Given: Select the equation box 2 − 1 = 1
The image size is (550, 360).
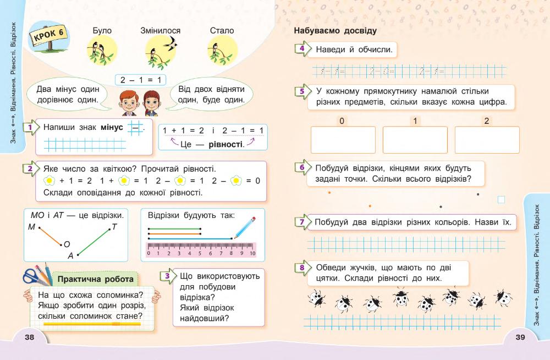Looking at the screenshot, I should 140,80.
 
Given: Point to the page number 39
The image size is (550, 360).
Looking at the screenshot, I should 521,337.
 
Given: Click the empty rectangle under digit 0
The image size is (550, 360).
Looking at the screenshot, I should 343,140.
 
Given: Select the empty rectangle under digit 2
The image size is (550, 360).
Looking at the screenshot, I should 487,140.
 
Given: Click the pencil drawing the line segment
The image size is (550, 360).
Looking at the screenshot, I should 244,227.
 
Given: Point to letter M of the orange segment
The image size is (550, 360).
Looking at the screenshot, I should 31,227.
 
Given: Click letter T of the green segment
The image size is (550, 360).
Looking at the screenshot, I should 114,226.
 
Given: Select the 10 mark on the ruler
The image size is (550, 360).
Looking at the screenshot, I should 252,254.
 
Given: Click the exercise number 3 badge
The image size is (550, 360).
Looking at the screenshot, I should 167,276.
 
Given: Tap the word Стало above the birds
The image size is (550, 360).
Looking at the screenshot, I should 222,31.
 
